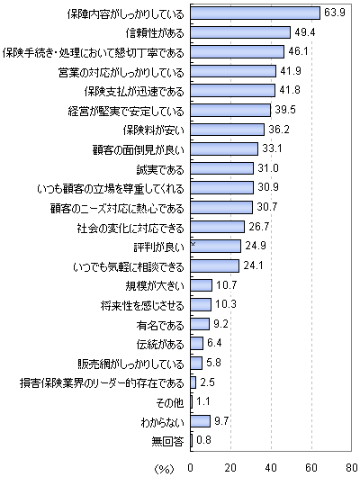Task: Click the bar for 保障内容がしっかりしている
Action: pos(255,13)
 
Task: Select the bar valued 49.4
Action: pos(240,32)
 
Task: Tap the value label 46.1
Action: pos(298,51)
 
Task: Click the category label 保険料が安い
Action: pos(154,130)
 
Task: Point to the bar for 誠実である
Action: pos(221,168)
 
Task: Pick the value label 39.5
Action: pos(285,110)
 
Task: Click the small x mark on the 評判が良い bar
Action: pos(193,244)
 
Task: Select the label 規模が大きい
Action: pos(155,286)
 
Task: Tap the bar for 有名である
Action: pos(200,324)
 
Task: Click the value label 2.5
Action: pos(207,382)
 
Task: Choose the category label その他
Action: pos(169,402)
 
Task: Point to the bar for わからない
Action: pos(200,421)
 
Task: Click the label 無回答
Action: pos(168,441)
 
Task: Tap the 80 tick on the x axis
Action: pos(352,467)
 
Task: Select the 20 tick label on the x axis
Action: pos(230,467)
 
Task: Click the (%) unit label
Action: pos(165,469)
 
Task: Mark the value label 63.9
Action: pos(335,13)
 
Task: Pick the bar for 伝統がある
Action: pos(196,344)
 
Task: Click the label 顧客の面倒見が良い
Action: pos(139,150)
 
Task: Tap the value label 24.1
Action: pos(253,265)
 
